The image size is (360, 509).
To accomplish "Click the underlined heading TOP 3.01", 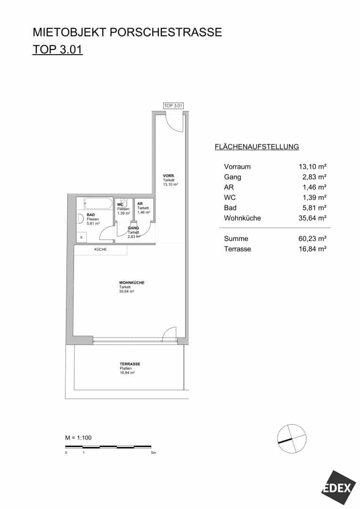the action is [57, 49].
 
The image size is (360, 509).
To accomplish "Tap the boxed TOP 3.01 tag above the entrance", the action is [173, 106].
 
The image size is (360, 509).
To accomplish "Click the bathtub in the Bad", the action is [98, 204].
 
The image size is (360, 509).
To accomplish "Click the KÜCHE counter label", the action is [101, 249].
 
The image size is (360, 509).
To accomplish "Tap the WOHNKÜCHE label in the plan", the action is [131, 282].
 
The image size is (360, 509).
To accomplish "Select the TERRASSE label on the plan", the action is [130, 364].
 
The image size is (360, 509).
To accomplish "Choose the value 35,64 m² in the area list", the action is [312, 218].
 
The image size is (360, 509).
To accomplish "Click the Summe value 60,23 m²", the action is [312, 238].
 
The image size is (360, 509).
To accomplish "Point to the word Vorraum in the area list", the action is [237, 166].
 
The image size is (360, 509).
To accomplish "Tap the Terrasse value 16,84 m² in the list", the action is [312, 249].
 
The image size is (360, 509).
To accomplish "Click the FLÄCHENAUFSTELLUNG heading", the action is [257, 147].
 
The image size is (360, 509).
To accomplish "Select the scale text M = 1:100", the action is [78, 437].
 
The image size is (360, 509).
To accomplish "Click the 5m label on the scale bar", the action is [154, 452].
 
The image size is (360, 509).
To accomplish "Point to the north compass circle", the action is [292, 438].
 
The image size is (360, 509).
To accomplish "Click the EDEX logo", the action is [337, 488].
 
